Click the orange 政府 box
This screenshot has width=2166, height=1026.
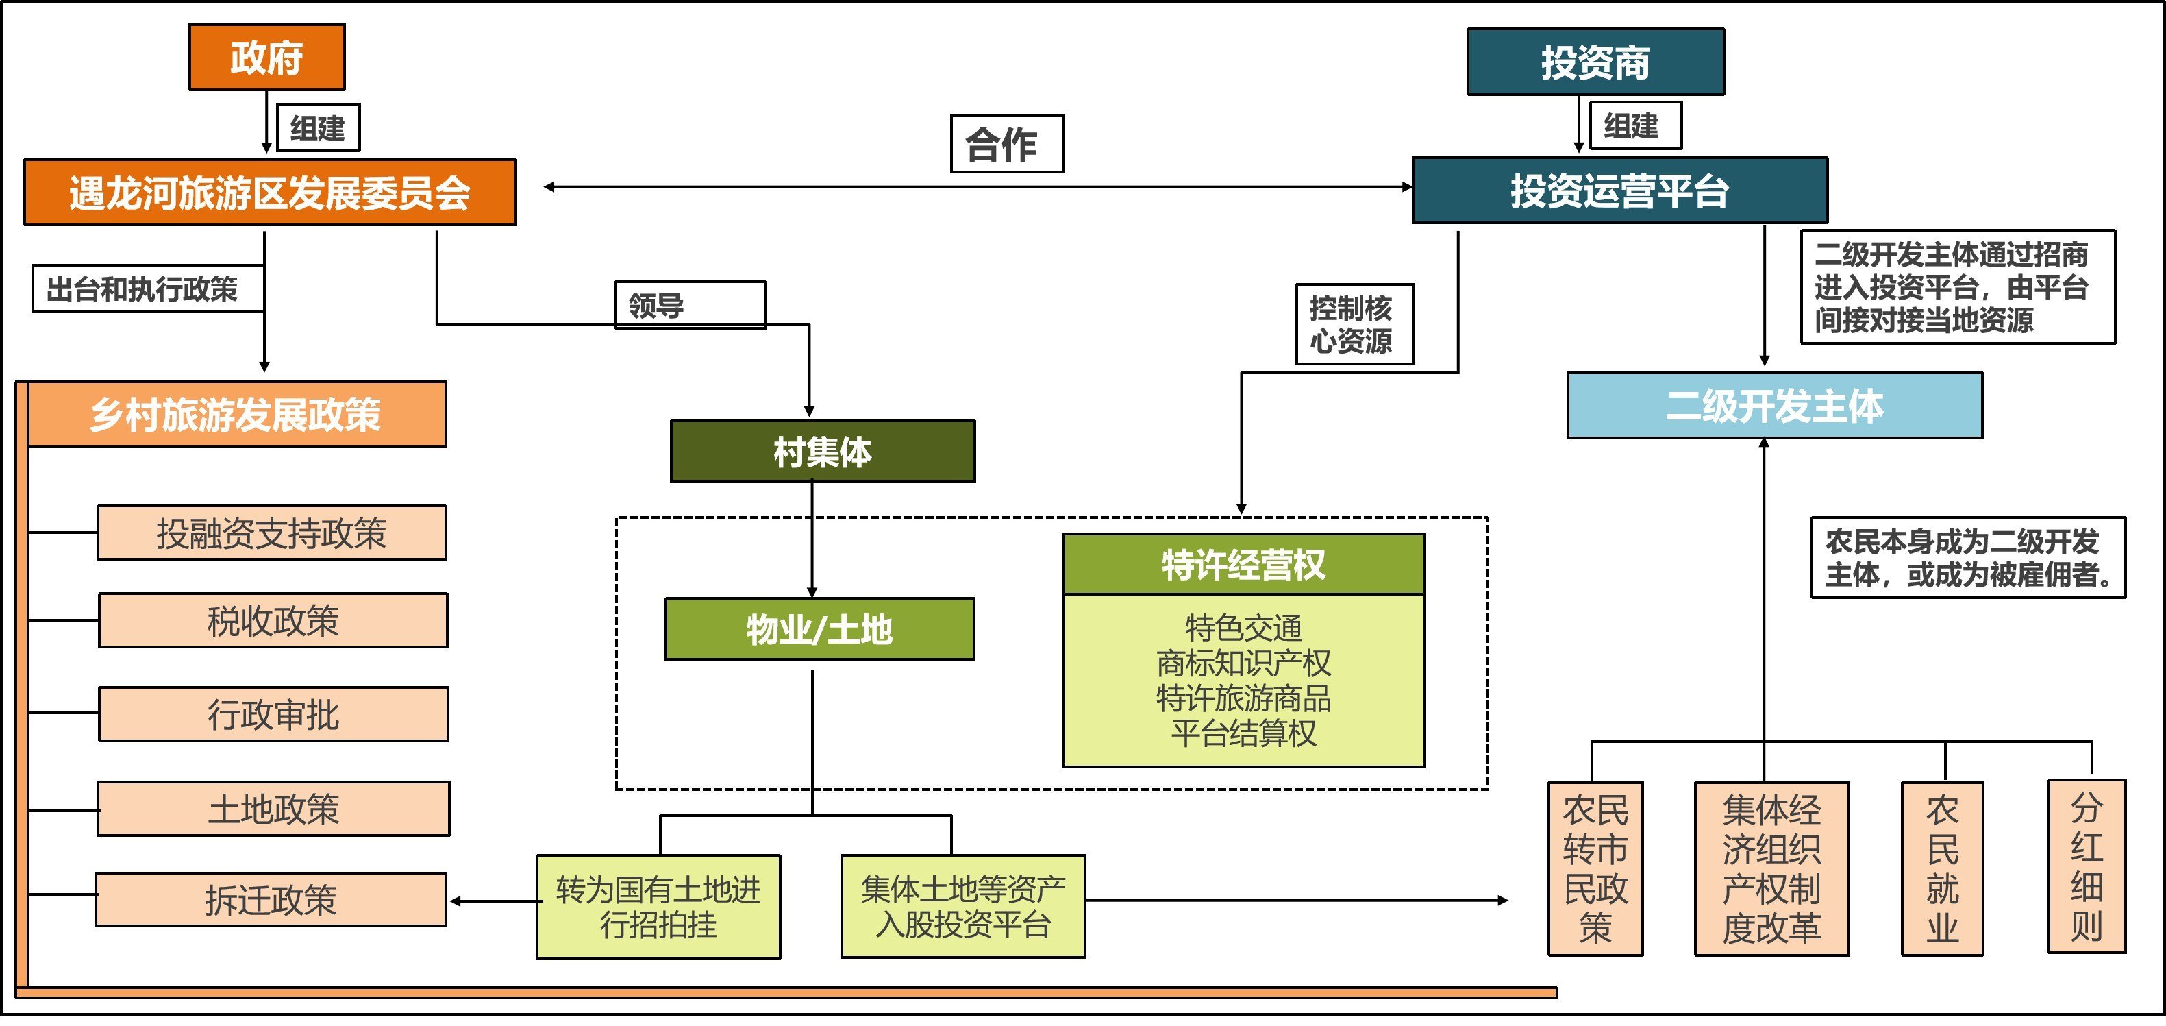click(x=266, y=57)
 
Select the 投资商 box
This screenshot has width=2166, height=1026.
click(x=1595, y=62)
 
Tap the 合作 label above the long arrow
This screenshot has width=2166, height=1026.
click(x=1006, y=144)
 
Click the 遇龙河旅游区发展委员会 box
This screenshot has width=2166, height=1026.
click(x=270, y=193)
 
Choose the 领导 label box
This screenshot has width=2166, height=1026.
click(x=690, y=304)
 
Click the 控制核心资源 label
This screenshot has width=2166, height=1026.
click(x=1354, y=323)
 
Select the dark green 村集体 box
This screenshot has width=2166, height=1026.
click(x=822, y=452)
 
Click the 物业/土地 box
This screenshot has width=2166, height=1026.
click(x=819, y=629)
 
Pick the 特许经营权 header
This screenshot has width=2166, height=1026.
click(x=1243, y=564)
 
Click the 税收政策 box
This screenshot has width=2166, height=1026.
click(x=273, y=621)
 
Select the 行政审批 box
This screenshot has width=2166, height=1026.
click(x=273, y=714)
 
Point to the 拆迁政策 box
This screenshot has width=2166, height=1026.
click(x=271, y=900)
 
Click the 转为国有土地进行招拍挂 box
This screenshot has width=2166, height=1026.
click(x=658, y=907)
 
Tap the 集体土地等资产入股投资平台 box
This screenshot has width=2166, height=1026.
click(x=962, y=907)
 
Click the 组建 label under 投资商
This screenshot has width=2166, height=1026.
click(x=1630, y=126)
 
